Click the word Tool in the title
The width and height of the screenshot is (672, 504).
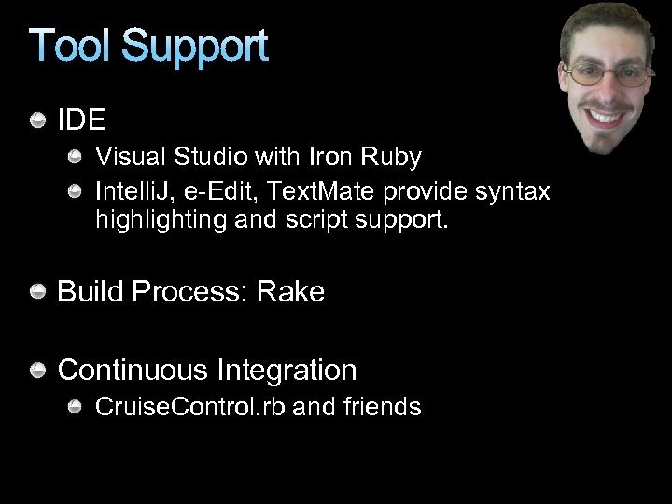pyautogui.click(x=70, y=47)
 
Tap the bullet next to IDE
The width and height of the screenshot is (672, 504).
pyautogui.click(x=38, y=120)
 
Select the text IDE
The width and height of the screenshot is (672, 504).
pyautogui.click(x=82, y=120)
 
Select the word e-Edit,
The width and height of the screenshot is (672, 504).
pyautogui.click(x=215, y=191)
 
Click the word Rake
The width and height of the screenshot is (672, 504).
pyautogui.click(x=290, y=292)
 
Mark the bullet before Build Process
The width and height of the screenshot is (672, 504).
pyautogui.click(x=38, y=292)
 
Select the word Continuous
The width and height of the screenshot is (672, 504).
pyautogui.click(x=133, y=371)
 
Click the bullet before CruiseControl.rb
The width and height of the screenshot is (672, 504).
pyautogui.click(x=76, y=407)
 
